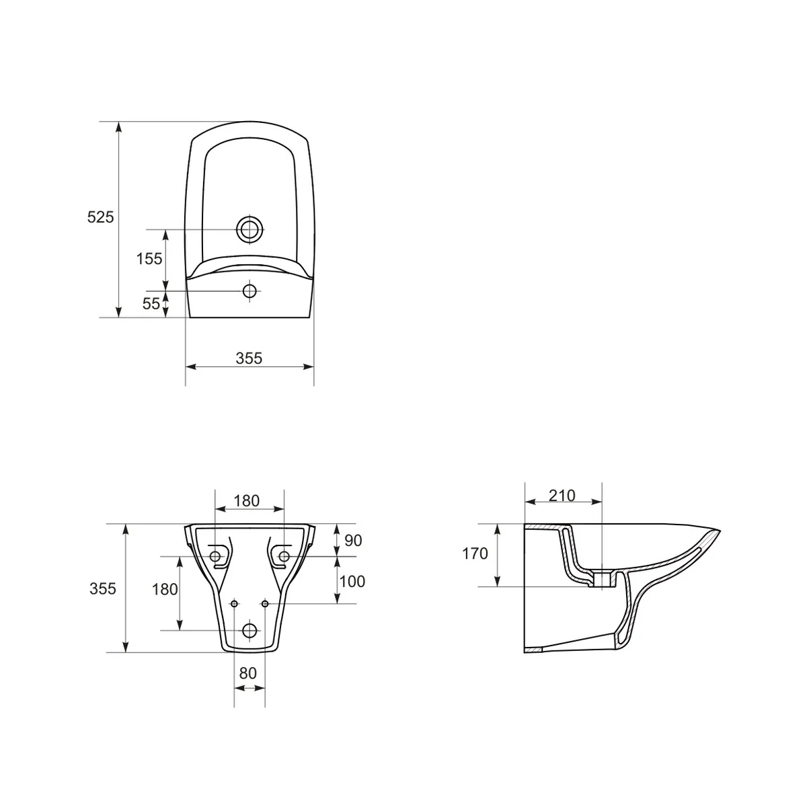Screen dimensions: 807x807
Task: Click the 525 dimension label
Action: coord(101,217)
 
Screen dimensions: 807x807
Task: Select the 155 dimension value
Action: coord(149,259)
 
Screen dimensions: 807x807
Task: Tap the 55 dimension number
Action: coord(151,304)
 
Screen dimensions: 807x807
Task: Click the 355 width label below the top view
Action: coord(249,358)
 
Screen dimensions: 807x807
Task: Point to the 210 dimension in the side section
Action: coord(562,496)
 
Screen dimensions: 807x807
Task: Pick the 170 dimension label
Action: coord(475,555)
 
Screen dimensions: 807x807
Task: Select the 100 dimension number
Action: coord(352,581)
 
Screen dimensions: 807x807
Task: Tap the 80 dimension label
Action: coord(248,673)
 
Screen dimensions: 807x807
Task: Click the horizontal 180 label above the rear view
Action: coord(247,501)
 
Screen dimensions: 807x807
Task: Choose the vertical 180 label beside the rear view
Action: coord(165,590)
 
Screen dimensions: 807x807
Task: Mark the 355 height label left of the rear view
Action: coord(103,589)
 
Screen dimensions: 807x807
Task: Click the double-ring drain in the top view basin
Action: coord(249,229)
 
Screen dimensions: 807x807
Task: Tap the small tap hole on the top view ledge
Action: coord(249,291)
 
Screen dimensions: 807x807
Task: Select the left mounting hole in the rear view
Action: coord(215,557)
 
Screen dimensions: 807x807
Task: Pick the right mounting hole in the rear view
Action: coord(284,557)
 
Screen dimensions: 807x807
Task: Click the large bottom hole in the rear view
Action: coord(249,631)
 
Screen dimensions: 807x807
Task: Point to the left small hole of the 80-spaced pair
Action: coord(234,604)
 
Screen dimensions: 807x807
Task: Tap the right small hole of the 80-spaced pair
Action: coord(265,604)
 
